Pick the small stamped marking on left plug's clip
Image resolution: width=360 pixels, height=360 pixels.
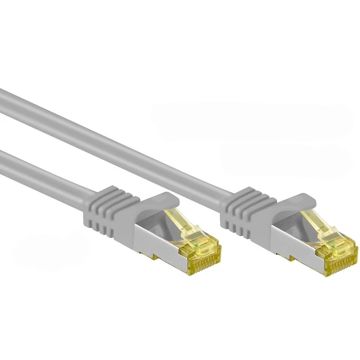coord(192,227)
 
